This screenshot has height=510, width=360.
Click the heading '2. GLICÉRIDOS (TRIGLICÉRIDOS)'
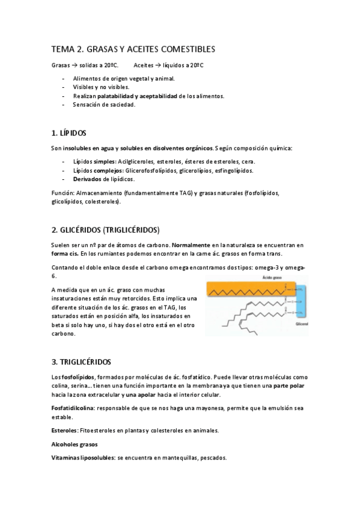pyautogui.click(x=105, y=230)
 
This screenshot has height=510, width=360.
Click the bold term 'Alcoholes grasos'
pyautogui.click(x=75, y=444)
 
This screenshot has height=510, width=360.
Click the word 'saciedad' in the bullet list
pyautogui.click(x=122, y=104)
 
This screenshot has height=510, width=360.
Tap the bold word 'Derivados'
pyautogui.click(x=87, y=179)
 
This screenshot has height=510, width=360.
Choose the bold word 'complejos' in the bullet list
pyautogui.click(x=108, y=170)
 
